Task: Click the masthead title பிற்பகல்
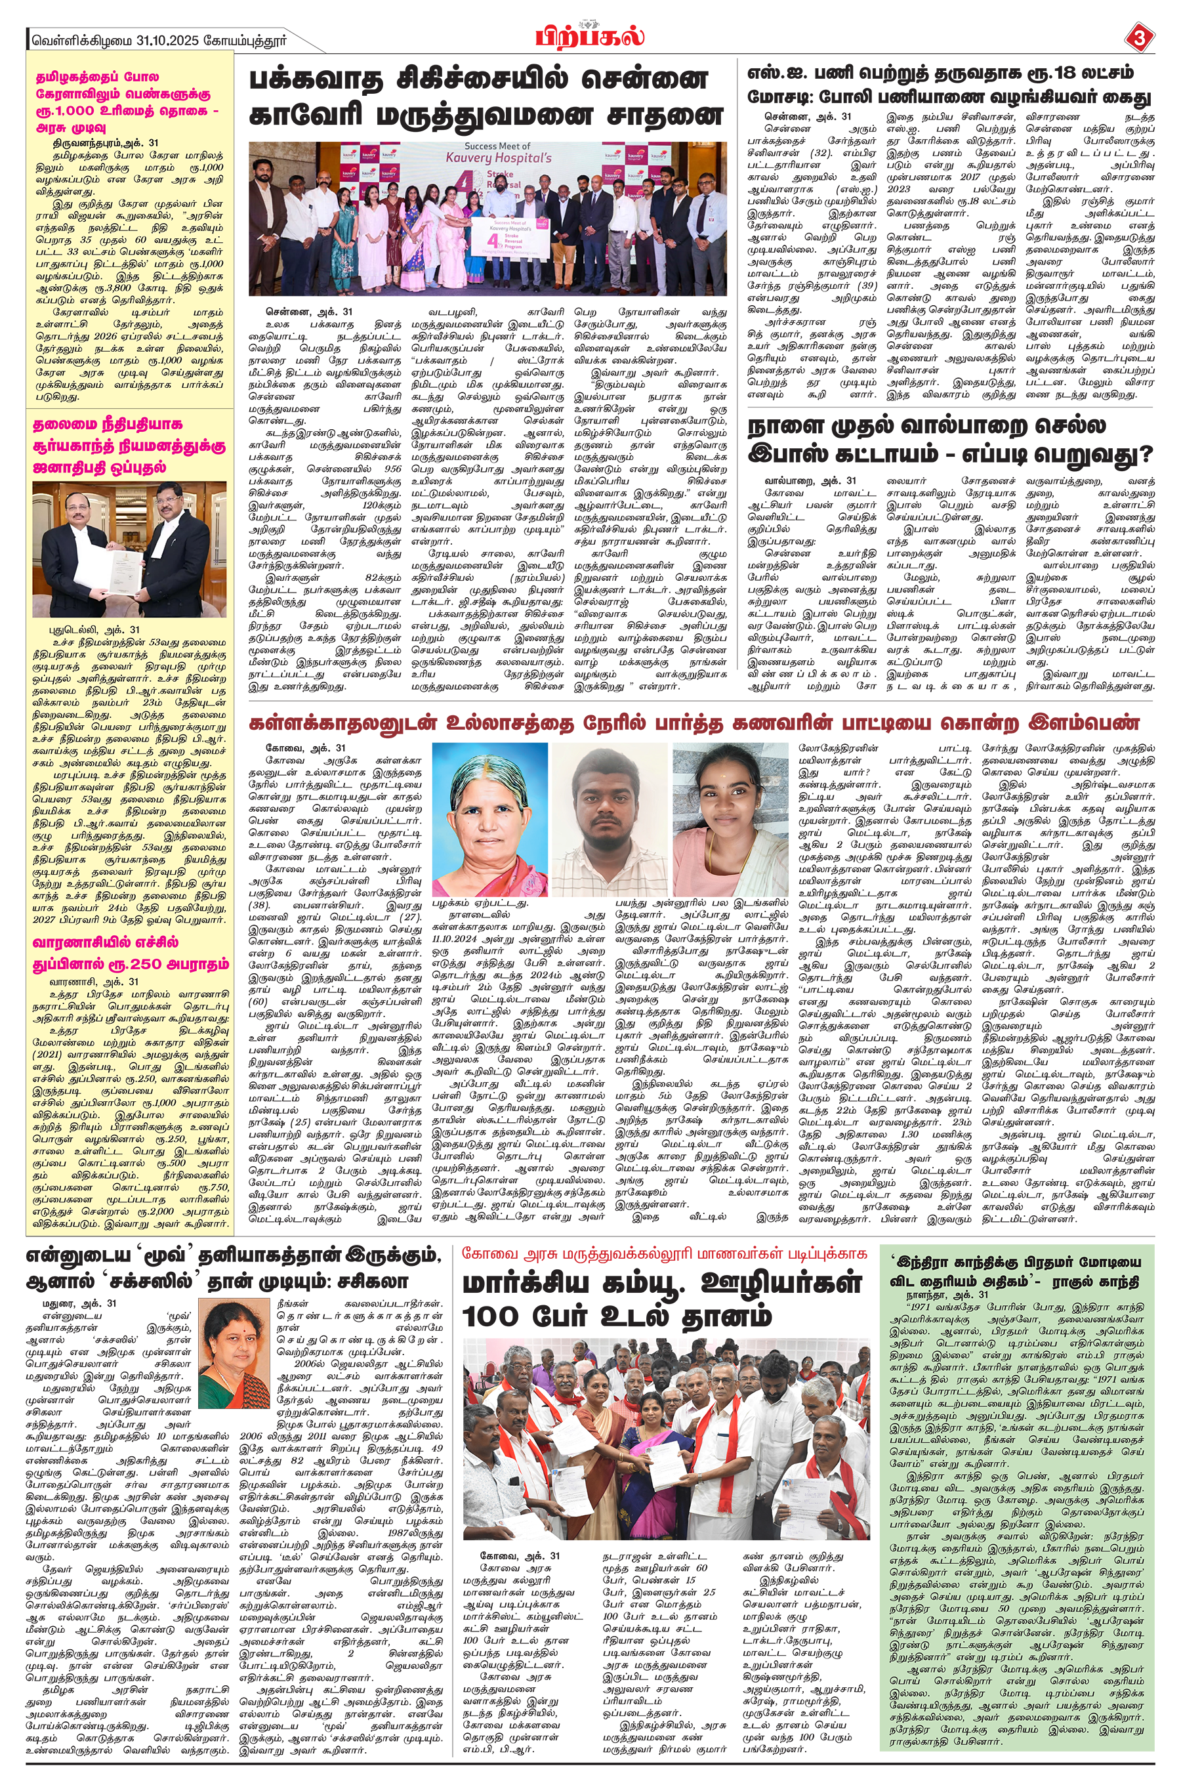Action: click(x=590, y=35)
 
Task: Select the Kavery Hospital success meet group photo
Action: click(x=487, y=218)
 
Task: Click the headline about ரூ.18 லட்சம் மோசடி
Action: click(x=949, y=85)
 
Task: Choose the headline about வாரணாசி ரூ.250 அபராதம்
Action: click(x=129, y=953)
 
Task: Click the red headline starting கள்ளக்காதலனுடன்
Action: click(x=694, y=723)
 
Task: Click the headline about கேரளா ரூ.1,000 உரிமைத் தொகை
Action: click(x=124, y=102)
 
